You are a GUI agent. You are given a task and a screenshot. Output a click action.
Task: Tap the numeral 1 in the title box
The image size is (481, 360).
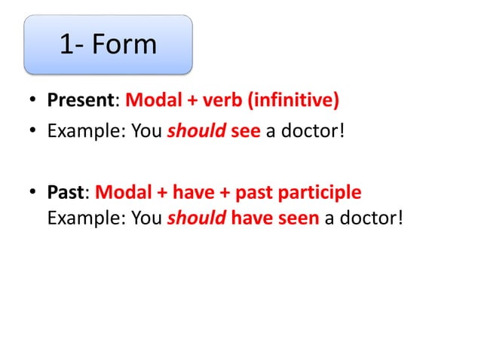pyautogui.click(x=67, y=44)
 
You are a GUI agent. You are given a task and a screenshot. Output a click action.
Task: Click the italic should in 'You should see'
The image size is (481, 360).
pyautogui.click(x=196, y=133)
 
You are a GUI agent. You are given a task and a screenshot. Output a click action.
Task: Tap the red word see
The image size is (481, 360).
pyautogui.click(x=246, y=133)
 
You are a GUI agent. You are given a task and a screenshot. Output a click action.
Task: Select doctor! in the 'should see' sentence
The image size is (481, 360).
pyautogui.click(x=313, y=133)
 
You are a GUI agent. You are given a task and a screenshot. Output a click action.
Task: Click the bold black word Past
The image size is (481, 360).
pyautogui.click(x=65, y=192)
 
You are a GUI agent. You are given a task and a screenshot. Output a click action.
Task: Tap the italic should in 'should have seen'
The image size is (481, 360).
pyautogui.click(x=196, y=218)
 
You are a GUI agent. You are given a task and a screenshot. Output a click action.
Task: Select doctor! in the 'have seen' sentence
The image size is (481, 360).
pyautogui.click(x=370, y=218)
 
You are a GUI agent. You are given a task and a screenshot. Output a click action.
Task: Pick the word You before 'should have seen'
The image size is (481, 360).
pyautogui.click(x=146, y=218)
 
